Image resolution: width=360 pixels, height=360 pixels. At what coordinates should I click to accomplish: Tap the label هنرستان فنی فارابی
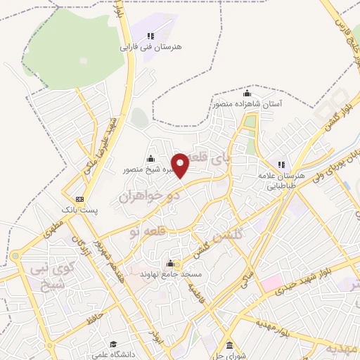pos(150,46)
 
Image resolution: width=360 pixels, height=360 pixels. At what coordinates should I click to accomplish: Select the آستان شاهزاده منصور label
pos(247,104)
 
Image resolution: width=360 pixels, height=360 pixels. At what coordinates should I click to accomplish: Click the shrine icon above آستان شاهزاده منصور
pos(247,93)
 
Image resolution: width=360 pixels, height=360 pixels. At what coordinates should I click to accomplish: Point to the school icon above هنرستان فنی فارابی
pos(150,35)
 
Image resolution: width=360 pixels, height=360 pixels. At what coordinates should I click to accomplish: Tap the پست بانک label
pos(79,210)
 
